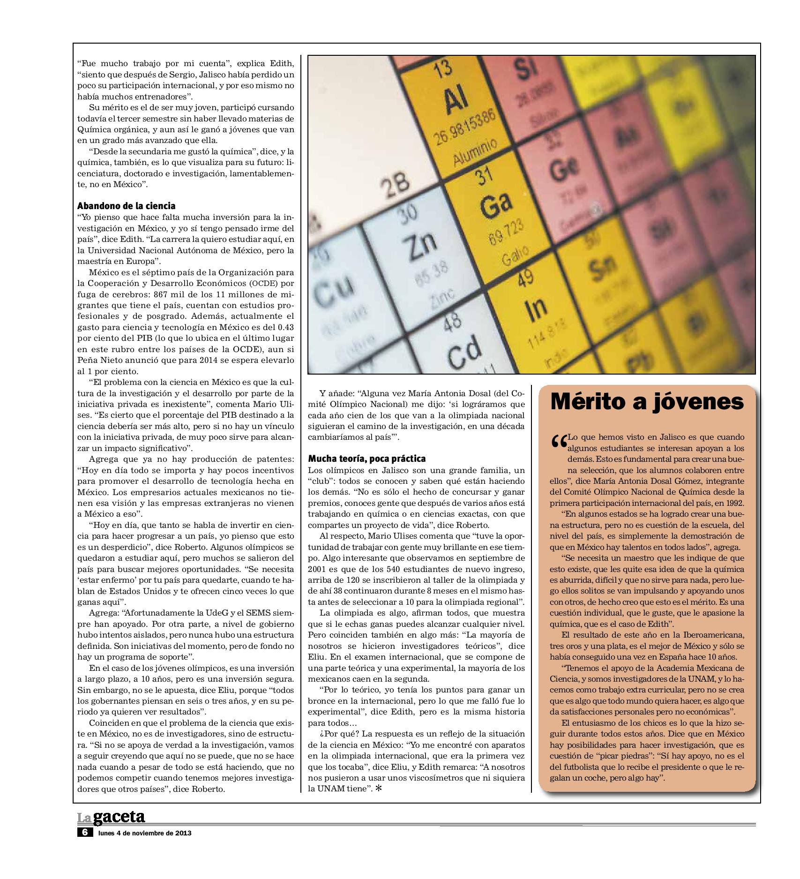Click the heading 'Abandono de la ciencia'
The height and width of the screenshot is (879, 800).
(126, 206)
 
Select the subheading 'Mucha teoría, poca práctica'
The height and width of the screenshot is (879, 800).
(367, 458)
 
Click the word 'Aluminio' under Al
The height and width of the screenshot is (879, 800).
(475, 152)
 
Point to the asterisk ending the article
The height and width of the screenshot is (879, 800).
(379, 789)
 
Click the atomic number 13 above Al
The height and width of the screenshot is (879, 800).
(443, 70)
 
